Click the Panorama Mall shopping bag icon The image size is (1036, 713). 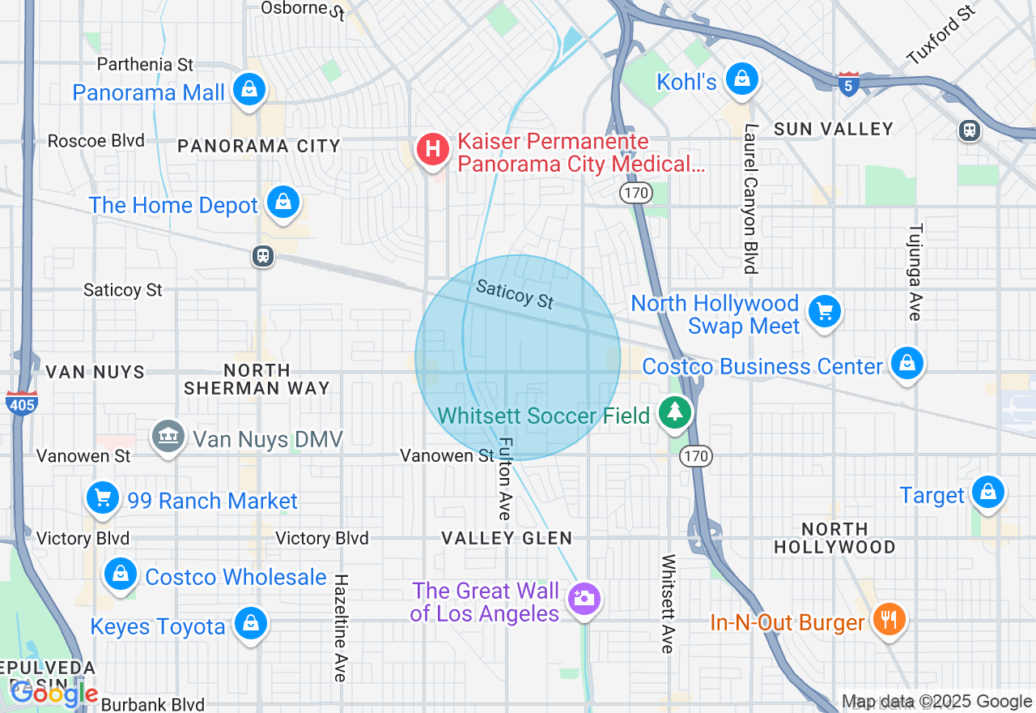(249, 89)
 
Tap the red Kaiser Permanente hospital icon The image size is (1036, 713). (433, 149)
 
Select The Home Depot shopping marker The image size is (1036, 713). (282, 203)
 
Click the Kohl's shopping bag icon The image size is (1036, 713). (741, 79)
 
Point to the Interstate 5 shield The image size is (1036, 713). (848, 84)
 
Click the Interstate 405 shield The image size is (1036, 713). (20, 403)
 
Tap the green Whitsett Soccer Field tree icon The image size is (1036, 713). (673, 412)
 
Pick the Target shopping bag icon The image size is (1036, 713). (987, 492)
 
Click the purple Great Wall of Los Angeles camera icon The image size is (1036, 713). (583, 600)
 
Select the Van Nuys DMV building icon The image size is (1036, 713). (168, 437)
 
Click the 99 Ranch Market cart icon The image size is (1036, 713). (103, 497)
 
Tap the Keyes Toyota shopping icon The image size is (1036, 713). (250, 624)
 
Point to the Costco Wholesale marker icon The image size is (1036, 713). (121, 574)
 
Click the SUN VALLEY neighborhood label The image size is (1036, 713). (833, 129)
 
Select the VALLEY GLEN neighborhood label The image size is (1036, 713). (507, 538)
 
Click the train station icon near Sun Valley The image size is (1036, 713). (969, 130)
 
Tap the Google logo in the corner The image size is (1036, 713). (53, 694)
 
